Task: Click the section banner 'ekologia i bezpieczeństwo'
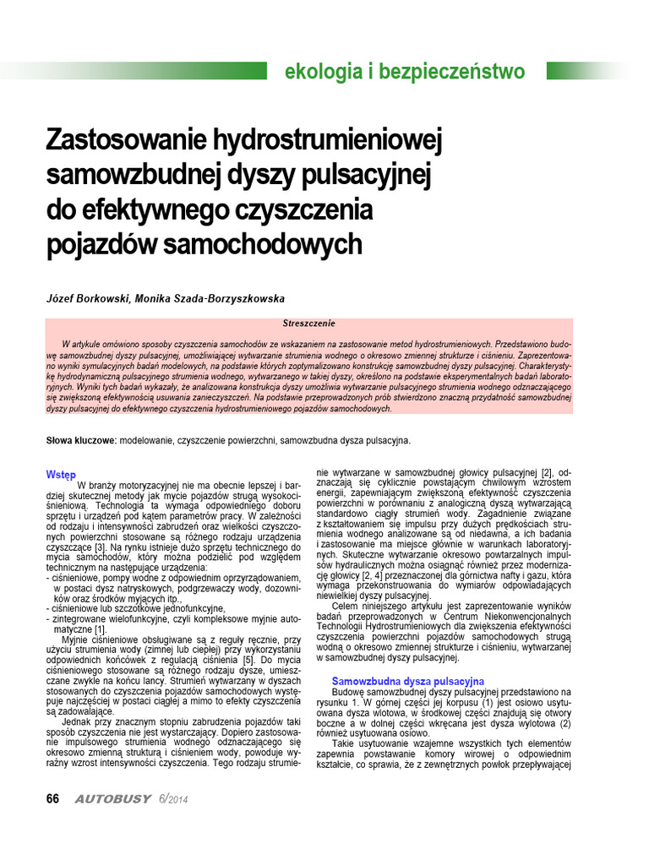404,71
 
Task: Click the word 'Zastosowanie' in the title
119,139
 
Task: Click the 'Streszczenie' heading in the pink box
308,324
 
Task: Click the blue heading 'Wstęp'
60,475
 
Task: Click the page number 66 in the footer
52,799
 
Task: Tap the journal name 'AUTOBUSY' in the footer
112,799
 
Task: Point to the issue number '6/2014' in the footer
173,799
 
